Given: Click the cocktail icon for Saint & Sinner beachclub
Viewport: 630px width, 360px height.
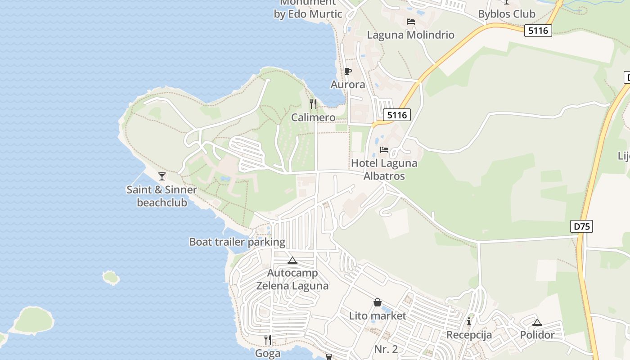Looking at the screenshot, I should point(162,176).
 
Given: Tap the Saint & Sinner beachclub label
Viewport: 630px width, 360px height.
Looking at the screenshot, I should point(162,196).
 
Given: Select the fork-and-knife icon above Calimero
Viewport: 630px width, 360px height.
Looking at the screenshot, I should point(313,104).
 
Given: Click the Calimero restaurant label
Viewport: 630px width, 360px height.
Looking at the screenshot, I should point(313,117).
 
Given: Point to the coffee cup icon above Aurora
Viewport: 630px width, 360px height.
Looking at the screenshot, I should point(347,71).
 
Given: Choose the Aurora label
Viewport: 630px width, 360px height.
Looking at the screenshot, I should point(348,85).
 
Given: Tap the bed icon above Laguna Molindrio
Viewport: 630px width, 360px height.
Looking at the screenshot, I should point(410,21).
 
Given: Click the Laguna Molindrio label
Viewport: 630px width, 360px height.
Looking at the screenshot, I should point(410,35).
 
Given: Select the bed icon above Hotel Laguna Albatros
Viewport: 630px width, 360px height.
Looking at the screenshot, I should point(384,149).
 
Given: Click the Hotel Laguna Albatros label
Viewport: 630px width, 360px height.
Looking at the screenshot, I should point(384,170).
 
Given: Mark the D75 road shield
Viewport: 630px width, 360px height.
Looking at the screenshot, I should point(581,226).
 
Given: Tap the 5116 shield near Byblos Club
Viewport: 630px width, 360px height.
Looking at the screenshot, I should point(538,31).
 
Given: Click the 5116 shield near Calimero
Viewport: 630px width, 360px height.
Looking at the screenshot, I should point(397,115).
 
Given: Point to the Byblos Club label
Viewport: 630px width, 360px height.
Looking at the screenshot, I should point(507,14).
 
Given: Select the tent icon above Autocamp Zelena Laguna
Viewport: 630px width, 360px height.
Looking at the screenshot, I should point(292,260).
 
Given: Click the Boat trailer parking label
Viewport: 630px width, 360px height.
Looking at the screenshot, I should point(237,242).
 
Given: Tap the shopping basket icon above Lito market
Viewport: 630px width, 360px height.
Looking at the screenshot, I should point(378,302).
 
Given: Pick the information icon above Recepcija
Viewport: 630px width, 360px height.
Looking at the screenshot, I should point(469,321).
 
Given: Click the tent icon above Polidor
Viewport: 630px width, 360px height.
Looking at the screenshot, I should point(537,322).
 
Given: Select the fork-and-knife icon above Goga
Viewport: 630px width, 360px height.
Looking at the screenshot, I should point(268,340).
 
